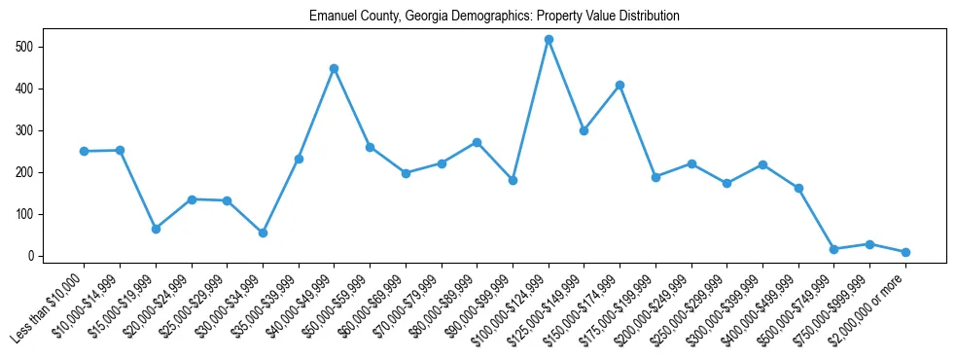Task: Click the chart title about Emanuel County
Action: click(x=494, y=17)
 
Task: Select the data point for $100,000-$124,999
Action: click(x=549, y=39)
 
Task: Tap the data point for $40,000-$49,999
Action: click(x=335, y=68)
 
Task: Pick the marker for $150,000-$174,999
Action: click(x=620, y=85)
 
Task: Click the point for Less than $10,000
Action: click(x=85, y=151)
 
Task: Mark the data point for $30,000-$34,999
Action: click(x=263, y=233)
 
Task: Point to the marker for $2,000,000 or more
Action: click(x=905, y=252)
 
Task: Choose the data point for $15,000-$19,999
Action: click(x=156, y=229)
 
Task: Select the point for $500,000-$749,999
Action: click(x=833, y=249)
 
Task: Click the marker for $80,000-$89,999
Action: click(x=477, y=142)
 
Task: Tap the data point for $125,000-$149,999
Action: click(x=584, y=130)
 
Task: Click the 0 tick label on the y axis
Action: click(x=31, y=256)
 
